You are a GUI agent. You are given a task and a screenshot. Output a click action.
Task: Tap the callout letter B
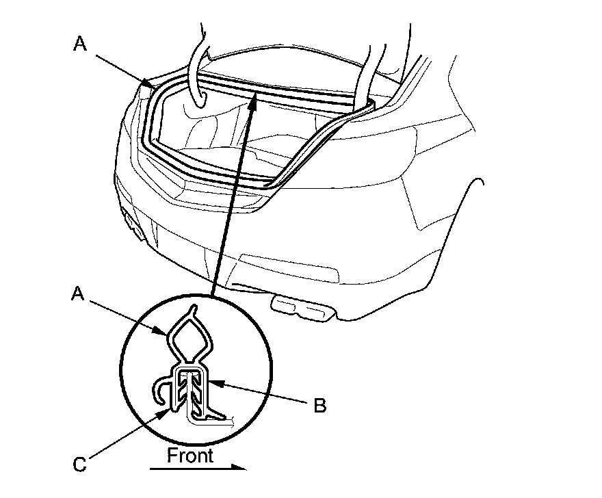pos(319,406)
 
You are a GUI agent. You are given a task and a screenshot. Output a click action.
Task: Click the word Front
pos(191,456)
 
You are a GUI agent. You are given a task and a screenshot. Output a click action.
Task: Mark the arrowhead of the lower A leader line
pos(166,334)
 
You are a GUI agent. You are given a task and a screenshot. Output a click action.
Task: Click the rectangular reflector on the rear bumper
pos(287,267)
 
